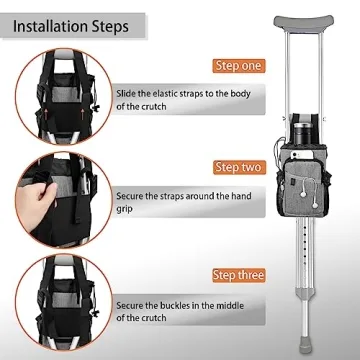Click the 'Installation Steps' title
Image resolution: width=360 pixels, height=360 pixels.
coord(69,25)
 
